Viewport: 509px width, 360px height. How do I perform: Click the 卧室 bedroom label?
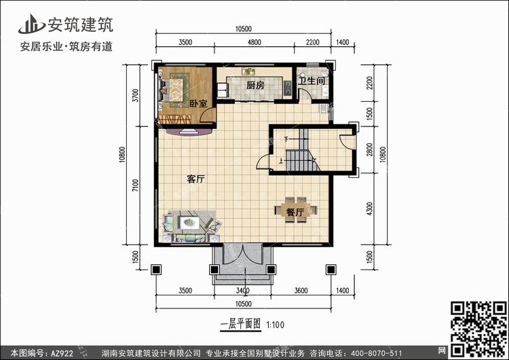click(x=198, y=104)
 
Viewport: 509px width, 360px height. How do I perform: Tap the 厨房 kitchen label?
click(x=255, y=86)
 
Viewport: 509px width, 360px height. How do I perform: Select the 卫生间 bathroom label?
click(x=312, y=81)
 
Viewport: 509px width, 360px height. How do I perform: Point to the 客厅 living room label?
click(x=195, y=179)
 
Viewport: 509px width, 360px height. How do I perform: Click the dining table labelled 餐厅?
click(x=295, y=210)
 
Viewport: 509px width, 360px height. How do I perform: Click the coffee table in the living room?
click(x=189, y=222)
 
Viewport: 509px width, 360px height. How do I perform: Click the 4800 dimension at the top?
click(x=254, y=42)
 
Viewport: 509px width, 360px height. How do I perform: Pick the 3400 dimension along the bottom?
click(x=242, y=291)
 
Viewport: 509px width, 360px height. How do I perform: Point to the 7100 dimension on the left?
click(x=135, y=185)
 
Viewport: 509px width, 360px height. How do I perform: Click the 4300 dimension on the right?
click(x=369, y=209)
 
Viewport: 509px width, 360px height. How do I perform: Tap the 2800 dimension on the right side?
click(x=369, y=150)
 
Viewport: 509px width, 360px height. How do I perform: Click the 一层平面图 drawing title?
click(x=240, y=324)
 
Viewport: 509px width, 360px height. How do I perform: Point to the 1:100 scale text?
click(x=276, y=325)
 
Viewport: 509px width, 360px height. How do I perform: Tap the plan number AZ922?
click(x=62, y=353)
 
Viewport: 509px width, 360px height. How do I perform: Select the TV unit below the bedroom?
click(x=189, y=132)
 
